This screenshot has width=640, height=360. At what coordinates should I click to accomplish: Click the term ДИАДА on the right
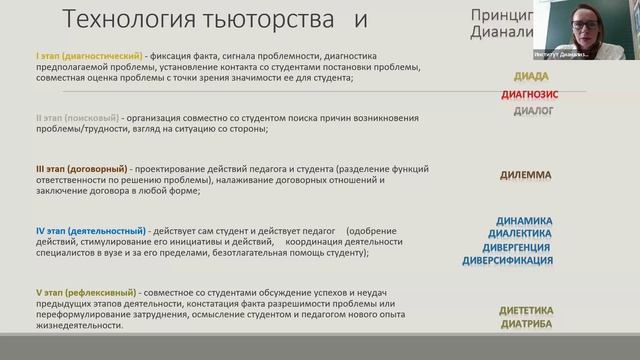525,76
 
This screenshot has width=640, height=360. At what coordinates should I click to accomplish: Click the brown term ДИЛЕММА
525,175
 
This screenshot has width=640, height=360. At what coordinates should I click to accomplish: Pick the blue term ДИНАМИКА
524,219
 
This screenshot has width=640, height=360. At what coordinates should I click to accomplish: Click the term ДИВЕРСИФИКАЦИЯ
506,260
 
